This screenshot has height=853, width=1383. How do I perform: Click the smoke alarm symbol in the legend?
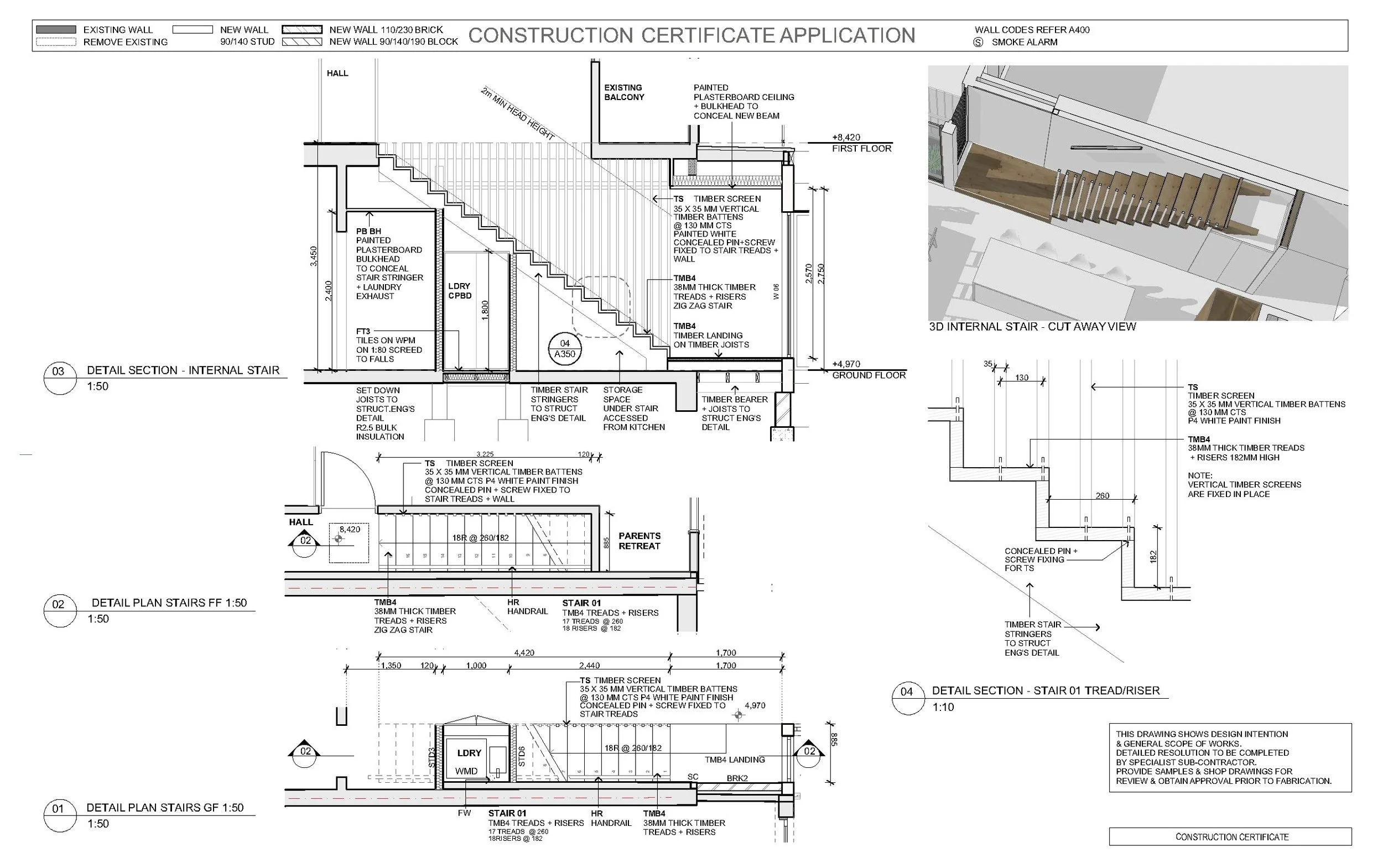[978, 43]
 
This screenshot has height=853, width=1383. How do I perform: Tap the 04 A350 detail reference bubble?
[564, 349]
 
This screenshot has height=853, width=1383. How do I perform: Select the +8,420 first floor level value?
[846, 137]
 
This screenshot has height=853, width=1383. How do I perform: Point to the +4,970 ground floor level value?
[846, 364]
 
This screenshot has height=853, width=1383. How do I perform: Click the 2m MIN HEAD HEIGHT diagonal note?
[518, 113]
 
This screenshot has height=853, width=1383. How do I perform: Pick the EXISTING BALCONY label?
[624, 92]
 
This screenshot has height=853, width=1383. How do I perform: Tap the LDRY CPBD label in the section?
[460, 291]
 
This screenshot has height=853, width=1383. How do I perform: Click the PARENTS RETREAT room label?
[639, 541]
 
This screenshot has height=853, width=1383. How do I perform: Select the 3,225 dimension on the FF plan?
[485, 454]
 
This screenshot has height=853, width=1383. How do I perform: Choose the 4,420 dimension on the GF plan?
[524, 653]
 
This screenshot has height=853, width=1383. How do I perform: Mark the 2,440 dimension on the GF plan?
[589, 666]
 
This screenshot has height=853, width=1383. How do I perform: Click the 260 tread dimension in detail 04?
[1102, 496]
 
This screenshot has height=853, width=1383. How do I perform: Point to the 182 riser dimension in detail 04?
[1153, 556]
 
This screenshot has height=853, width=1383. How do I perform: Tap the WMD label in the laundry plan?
[466, 771]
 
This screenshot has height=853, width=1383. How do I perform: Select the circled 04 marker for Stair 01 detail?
[907, 692]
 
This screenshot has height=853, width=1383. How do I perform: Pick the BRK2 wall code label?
[737, 778]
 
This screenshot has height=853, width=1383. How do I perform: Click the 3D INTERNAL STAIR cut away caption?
[1032, 327]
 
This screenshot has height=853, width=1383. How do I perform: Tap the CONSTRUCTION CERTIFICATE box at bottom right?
[1232, 836]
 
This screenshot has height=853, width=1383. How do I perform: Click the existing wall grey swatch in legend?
[56, 29]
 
